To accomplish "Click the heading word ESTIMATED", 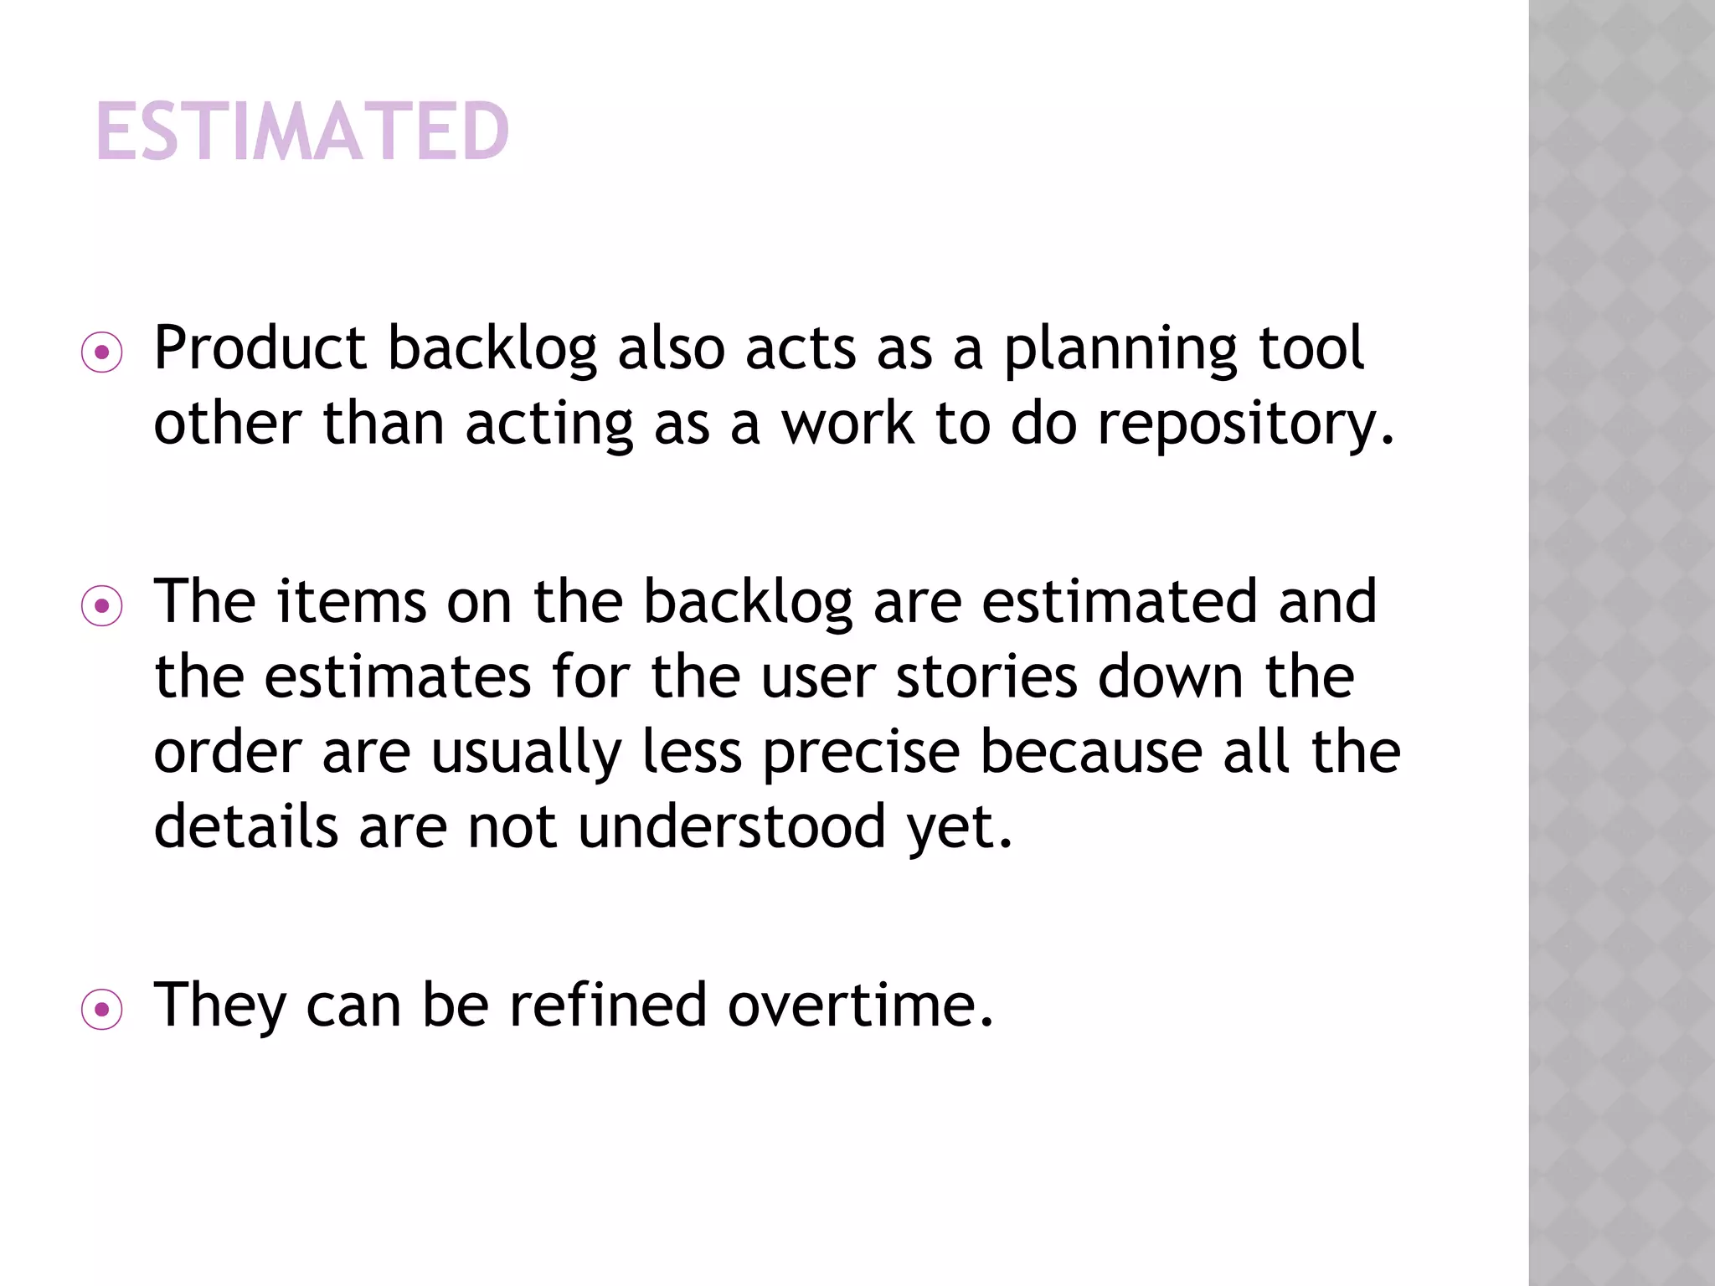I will coord(302,131).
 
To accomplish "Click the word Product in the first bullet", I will coord(260,347).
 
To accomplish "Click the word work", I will coord(847,423).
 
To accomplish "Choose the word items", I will coord(352,601).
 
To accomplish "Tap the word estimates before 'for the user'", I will coord(398,676).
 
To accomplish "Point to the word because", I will coord(1091,751).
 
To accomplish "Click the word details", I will coord(246,826).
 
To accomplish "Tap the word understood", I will coord(732,826).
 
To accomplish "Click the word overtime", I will coord(860,1004).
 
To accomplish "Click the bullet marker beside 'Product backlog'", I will coord(102,353).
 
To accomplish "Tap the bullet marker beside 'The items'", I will coord(102,606).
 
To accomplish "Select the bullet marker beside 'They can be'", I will coord(102,1010).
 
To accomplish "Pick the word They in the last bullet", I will coord(220,1005).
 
